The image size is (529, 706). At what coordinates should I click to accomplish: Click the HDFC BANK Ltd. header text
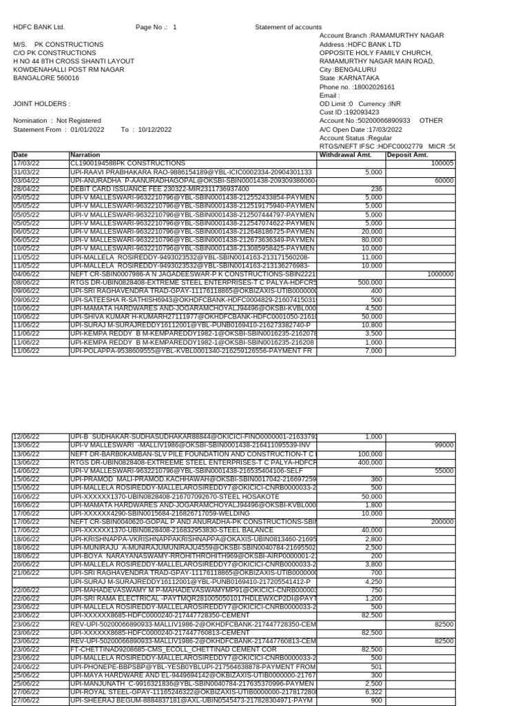[x=39, y=27]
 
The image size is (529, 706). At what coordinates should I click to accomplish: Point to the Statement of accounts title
[x=288, y=27]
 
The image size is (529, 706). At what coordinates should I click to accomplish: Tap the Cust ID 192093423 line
[x=349, y=112]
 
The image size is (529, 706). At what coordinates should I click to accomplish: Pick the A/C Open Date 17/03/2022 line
[x=361, y=129]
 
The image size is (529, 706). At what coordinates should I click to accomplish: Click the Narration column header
[x=85, y=155]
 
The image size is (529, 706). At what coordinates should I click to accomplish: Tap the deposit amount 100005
[x=442, y=163]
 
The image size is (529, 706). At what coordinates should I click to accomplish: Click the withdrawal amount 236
[x=376, y=188]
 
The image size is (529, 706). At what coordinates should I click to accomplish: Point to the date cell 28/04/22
[x=26, y=188]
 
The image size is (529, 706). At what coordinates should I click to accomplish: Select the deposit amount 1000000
[x=440, y=274]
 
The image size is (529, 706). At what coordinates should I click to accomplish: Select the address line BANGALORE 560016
[x=46, y=78]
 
